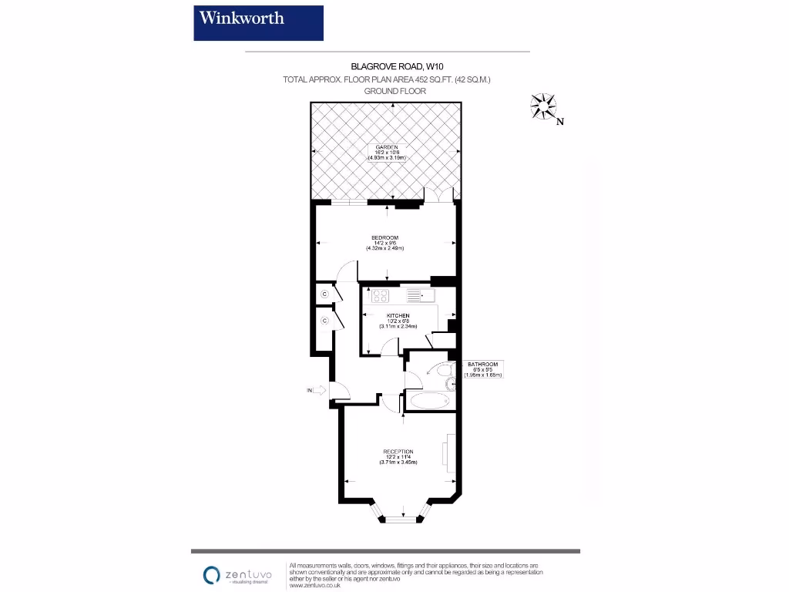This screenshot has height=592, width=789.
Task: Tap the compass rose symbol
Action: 543,106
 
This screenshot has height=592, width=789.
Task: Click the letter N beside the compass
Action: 560,121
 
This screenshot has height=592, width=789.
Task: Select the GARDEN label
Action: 386,146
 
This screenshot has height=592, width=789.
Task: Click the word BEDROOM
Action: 384,237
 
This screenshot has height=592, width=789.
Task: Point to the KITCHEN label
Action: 398,316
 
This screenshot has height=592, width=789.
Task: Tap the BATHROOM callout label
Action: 484,365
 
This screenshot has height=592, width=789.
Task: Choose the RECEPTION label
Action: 398,452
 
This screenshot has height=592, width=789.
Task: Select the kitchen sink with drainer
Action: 421,295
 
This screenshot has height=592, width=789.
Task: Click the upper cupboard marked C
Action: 325,294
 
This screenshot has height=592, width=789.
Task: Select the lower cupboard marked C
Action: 325,320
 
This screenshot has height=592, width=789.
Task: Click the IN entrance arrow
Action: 317,392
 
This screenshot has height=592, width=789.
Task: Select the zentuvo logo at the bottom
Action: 235,575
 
